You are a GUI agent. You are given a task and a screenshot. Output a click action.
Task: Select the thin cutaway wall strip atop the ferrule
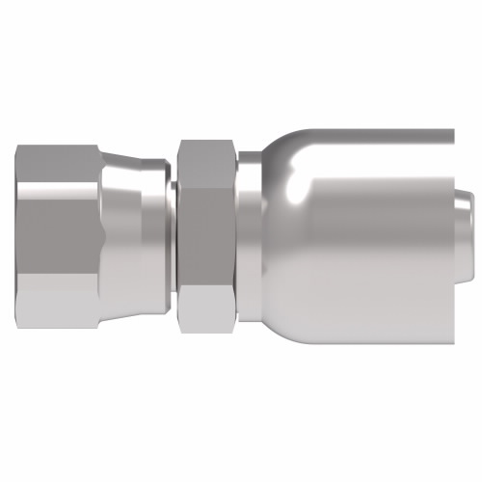[386, 132]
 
